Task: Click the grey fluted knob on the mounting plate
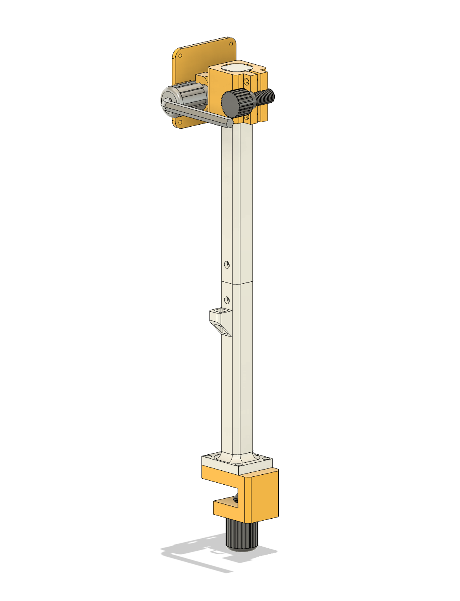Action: coord(188,95)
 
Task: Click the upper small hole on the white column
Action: coord(227,264)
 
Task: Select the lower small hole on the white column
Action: coord(227,299)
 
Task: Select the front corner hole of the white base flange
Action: coord(239,464)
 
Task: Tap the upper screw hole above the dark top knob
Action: coord(247,82)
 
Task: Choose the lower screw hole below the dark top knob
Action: coord(247,117)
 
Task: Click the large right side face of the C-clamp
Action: coord(264,498)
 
